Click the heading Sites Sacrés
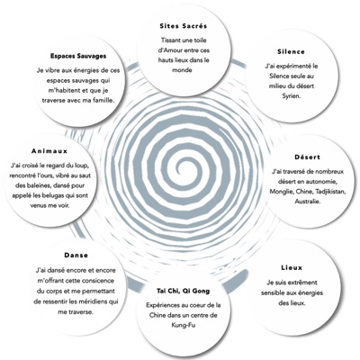[x=184, y=26]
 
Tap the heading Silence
[x=291, y=51]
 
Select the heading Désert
[x=307, y=157]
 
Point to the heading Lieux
[x=292, y=267]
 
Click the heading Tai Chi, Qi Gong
[x=184, y=291]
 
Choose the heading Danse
[x=76, y=256]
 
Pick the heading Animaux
[x=49, y=151]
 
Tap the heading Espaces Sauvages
[x=78, y=56]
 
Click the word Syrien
[x=291, y=96]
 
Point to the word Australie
[x=307, y=202]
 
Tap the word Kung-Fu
[x=184, y=325]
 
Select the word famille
[x=103, y=101]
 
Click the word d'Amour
[x=170, y=50]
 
